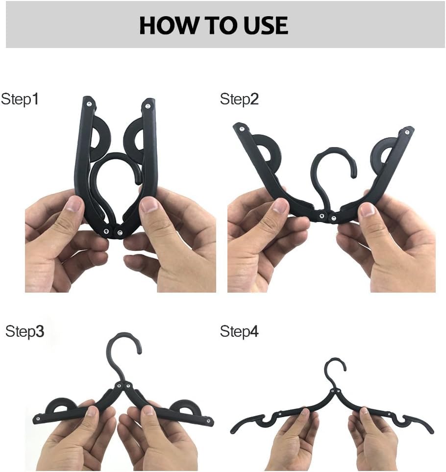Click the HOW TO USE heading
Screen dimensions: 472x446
click(213, 25)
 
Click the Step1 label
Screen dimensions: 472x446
click(20, 99)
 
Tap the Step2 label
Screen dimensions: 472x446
click(239, 99)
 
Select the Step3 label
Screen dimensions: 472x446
click(25, 331)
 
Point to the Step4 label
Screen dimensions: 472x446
click(239, 331)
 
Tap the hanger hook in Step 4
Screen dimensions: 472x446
click(336, 366)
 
